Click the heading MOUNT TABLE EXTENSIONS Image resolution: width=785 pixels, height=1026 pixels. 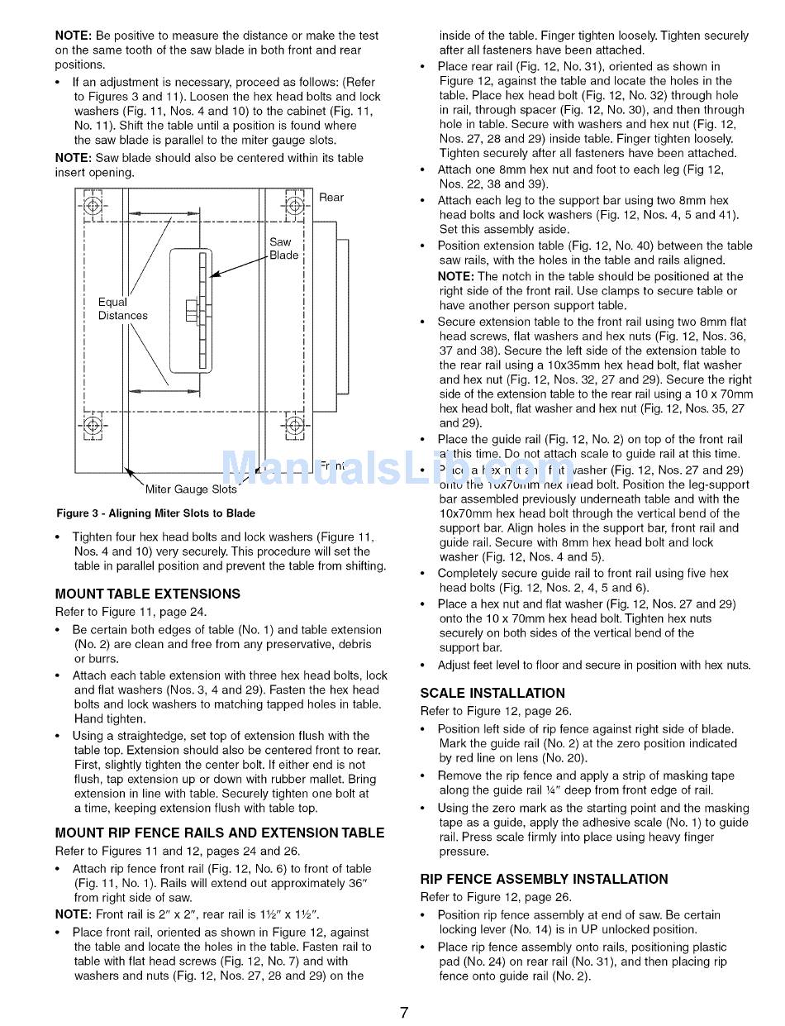pos(148,594)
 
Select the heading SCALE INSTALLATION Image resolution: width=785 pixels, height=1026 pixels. pos(492,693)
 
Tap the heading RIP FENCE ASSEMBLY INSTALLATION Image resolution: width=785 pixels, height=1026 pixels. pos(544,879)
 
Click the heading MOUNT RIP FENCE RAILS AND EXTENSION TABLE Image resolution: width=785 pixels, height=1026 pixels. pos(220,833)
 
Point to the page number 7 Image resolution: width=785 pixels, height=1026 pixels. pos(404,1012)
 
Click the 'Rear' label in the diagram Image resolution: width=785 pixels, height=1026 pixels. pos(331,197)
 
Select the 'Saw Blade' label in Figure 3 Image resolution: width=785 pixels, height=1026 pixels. pos(283,249)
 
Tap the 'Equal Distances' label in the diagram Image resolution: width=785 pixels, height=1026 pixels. pos(122,308)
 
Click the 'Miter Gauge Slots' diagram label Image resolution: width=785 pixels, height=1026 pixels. pos(190,489)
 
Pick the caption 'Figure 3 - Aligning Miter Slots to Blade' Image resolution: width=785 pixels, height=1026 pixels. pos(155,513)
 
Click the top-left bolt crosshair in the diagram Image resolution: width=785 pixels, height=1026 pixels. pos(93,205)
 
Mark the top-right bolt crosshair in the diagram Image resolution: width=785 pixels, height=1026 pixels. pos(294,205)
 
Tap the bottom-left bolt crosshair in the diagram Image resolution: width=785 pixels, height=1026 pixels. pos(93,426)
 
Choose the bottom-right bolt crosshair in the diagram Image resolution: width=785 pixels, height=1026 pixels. pos(294,426)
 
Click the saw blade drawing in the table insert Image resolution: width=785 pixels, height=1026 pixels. pos(202,310)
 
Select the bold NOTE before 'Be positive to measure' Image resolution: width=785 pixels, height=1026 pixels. pos(73,36)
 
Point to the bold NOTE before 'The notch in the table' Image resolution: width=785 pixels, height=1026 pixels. pos(455,276)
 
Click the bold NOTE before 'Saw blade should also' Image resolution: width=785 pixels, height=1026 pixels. pos(73,158)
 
